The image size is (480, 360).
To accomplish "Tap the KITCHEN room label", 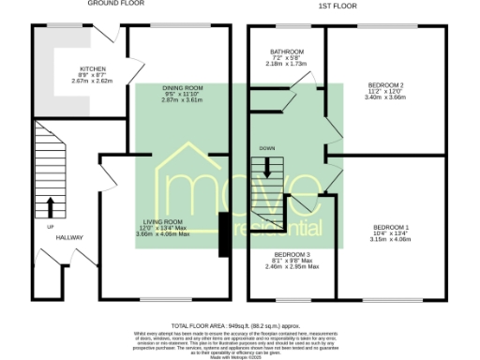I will point(92,68).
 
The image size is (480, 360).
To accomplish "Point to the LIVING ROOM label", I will point(164,222).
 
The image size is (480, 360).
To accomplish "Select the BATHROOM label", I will point(287,51).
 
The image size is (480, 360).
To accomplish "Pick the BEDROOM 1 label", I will point(391,226).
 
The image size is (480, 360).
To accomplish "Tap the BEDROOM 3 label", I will point(292,255).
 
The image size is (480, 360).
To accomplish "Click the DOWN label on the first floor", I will point(267,149).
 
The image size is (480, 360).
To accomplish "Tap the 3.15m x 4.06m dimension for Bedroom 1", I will point(391,238).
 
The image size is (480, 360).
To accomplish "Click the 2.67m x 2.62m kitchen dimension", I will point(92,81).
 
